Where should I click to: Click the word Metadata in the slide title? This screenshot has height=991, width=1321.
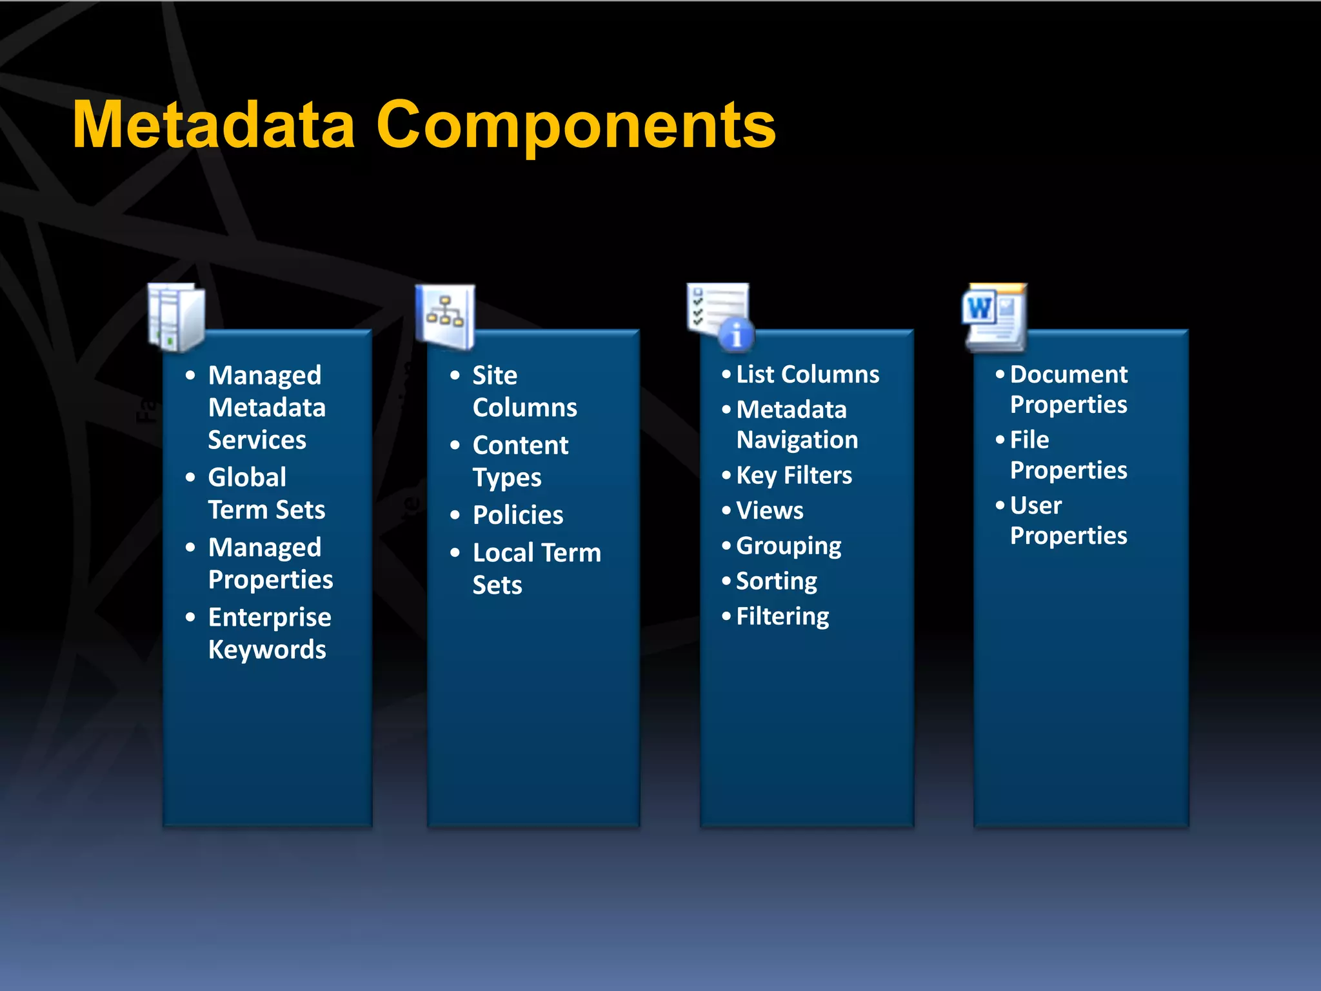(x=214, y=125)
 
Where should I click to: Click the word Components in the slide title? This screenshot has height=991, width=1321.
(x=575, y=126)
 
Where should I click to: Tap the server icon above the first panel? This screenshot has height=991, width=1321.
(x=176, y=317)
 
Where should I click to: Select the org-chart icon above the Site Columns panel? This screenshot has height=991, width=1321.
(x=445, y=315)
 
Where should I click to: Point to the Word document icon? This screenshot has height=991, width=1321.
(x=994, y=317)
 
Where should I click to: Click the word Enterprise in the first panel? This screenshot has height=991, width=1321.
(x=270, y=617)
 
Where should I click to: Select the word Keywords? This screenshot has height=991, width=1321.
(x=267, y=650)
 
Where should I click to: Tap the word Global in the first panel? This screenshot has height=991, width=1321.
(x=247, y=477)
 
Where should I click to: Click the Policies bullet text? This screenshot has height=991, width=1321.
(x=518, y=515)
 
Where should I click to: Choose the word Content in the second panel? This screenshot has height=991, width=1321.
(x=521, y=445)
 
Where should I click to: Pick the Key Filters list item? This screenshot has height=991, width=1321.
(x=794, y=475)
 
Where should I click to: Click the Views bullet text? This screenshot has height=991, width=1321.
(x=770, y=511)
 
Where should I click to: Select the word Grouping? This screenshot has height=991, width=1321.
(x=788, y=546)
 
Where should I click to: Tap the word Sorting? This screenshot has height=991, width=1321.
(x=777, y=581)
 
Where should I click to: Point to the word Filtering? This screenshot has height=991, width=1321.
(x=782, y=617)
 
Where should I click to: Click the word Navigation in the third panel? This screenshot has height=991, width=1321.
(x=797, y=440)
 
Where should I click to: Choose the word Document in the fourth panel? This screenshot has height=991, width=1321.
(x=1069, y=374)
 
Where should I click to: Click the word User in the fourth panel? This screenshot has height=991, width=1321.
(x=1035, y=506)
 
